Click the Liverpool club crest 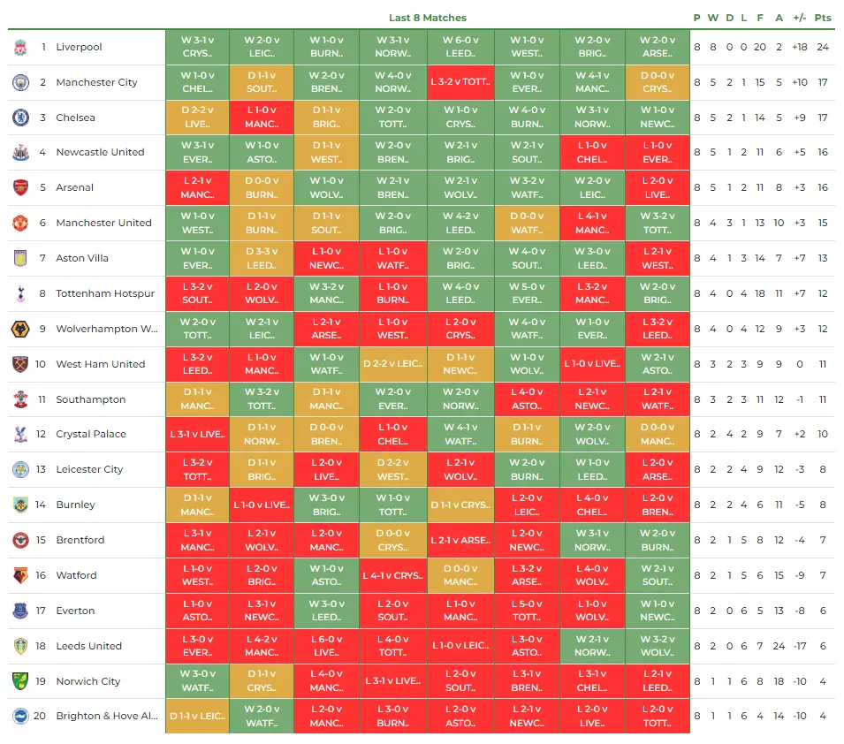(x=20, y=47)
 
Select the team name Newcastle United (x=100, y=152)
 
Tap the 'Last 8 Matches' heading (x=428, y=18)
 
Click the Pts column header (x=823, y=18)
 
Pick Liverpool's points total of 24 (x=823, y=47)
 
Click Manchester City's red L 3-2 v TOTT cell (x=460, y=82)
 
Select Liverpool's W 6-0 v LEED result (x=460, y=47)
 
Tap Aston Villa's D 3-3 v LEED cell (x=262, y=258)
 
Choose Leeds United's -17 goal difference (x=800, y=646)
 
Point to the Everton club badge (x=20, y=611)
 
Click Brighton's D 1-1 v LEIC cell (x=197, y=717)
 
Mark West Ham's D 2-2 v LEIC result (x=392, y=364)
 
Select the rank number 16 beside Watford (x=42, y=575)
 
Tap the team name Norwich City (x=88, y=681)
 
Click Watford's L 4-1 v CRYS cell (x=392, y=575)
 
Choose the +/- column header (x=800, y=18)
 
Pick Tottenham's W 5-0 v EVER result (x=527, y=293)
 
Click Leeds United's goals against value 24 (x=779, y=646)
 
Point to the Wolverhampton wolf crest (x=20, y=329)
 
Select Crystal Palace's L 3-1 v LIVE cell (x=197, y=434)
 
